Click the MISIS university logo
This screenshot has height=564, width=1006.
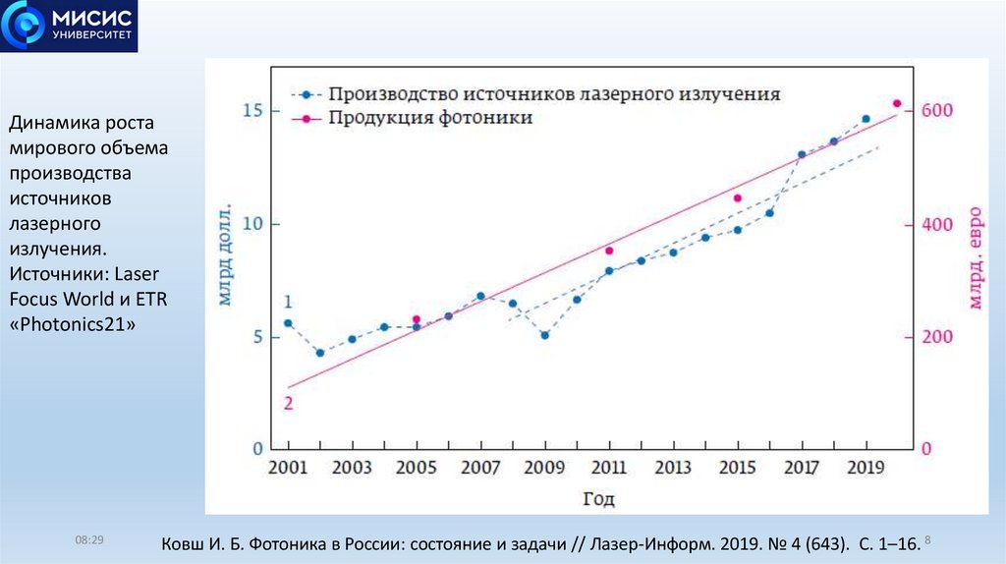pyautogui.click(x=69, y=27)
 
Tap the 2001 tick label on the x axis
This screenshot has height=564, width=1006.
pyautogui.click(x=287, y=468)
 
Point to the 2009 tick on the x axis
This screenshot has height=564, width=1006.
pyautogui.click(x=544, y=468)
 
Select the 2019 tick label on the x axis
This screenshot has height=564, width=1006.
pyautogui.click(x=866, y=468)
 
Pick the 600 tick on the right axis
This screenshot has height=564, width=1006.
pyautogui.click(x=935, y=111)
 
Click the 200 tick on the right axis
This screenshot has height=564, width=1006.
pyautogui.click(x=935, y=337)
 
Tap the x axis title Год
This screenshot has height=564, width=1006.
pyautogui.click(x=598, y=499)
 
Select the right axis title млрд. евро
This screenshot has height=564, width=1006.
pyautogui.click(x=975, y=256)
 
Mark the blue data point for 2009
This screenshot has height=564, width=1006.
pyautogui.click(x=544, y=335)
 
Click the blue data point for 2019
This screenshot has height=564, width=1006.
pyautogui.click(x=866, y=119)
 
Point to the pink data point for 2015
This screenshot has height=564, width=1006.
pyautogui.click(x=737, y=198)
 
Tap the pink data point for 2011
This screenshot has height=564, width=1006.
pyautogui.click(x=609, y=251)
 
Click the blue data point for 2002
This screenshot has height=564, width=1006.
pyautogui.click(x=319, y=353)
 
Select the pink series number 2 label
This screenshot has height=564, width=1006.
pyautogui.click(x=288, y=403)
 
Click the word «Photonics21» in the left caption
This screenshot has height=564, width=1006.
pyautogui.click(x=72, y=325)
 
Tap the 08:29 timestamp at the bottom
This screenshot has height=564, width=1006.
pyautogui.click(x=89, y=541)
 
